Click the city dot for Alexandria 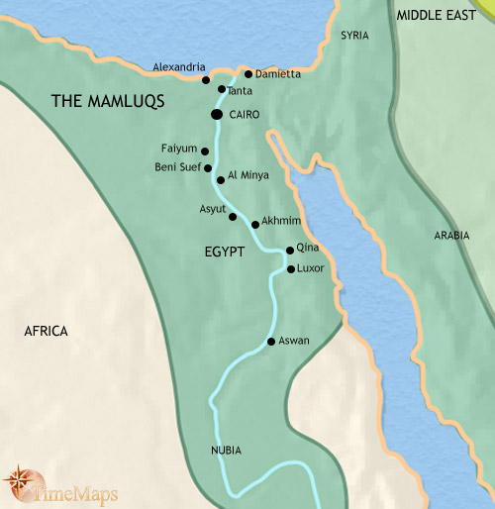(206, 80)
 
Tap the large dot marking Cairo (216, 115)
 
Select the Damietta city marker (248, 74)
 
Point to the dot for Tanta (222, 89)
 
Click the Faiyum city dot (205, 151)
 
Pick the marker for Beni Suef (209, 167)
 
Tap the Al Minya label (247, 174)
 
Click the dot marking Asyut (233, 216)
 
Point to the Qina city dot (289, 251)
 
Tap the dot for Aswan (270, 342)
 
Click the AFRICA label (46, 331)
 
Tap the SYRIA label (353, 36)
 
